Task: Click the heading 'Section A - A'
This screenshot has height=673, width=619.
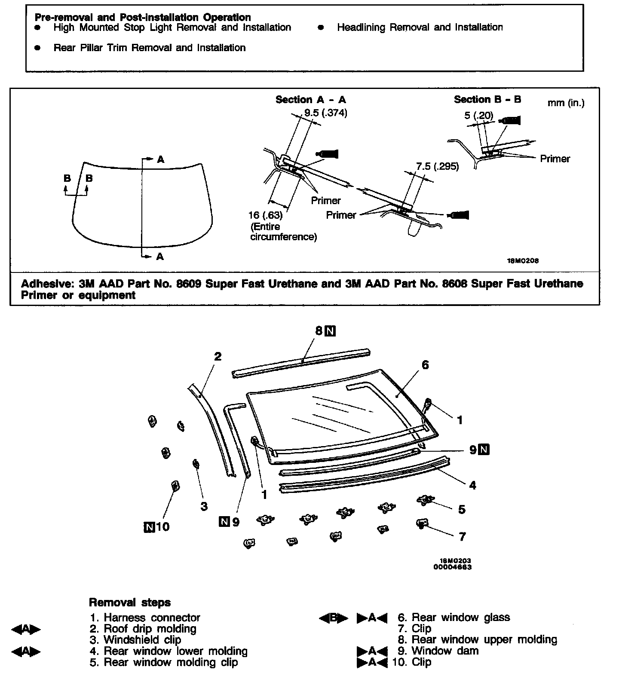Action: coord(310,100)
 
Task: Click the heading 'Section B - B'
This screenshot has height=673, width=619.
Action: coord(487,99)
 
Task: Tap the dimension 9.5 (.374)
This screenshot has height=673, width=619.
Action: coord(326,113)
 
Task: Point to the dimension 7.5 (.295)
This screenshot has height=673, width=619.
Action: coord(437,166)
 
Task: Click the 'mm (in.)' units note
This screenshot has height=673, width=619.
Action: coord(566,103)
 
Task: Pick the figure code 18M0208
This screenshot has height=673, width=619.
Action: coord(524,260)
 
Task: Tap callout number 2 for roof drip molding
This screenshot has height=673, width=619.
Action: coord(218,356)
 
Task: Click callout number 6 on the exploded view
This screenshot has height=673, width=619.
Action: coord(425,365)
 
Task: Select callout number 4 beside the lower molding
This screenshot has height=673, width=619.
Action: coord(473,485)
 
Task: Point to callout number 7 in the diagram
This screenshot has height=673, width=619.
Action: coord(462,536)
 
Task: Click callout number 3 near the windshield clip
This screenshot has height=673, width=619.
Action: coord(204,506)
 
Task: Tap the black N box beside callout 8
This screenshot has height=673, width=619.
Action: coord(331,331)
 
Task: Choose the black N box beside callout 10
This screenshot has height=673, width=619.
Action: coord(149,526)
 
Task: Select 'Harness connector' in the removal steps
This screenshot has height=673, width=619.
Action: coord(152,618)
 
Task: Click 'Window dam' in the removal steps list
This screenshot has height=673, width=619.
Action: coord(445,651)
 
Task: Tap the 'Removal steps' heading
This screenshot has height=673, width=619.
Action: coord(129,603)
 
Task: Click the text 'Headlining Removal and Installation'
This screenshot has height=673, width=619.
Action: coord(420,28)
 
